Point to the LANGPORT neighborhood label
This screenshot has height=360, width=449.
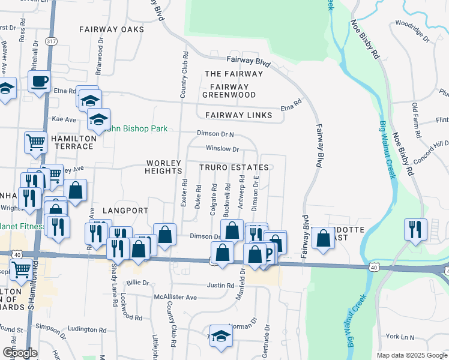pos(125,211)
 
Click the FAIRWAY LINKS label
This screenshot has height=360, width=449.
pos(239,115)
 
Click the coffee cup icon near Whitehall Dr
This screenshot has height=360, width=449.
pos(40,81)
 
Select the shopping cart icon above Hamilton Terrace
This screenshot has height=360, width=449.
pos(35,143)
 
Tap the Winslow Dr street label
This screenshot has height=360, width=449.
pos(222,148)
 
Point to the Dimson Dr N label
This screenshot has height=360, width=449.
pos(215,134)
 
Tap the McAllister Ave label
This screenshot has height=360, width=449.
pos(175,297)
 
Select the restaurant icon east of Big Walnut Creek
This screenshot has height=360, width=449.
pos(415,229)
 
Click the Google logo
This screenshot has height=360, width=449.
pos(20,353)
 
